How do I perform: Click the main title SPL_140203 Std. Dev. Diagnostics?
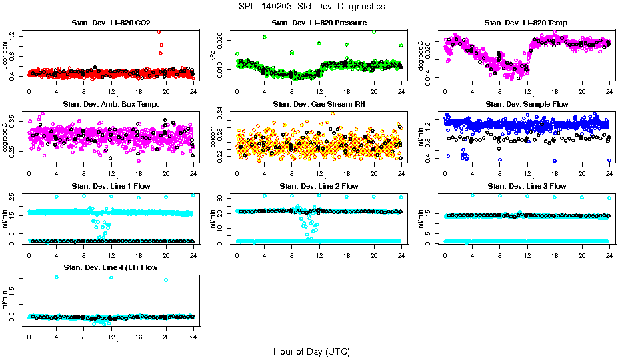coord(311,7)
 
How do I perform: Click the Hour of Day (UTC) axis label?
coord(311,351)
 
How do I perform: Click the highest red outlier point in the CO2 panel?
coord(159,31)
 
